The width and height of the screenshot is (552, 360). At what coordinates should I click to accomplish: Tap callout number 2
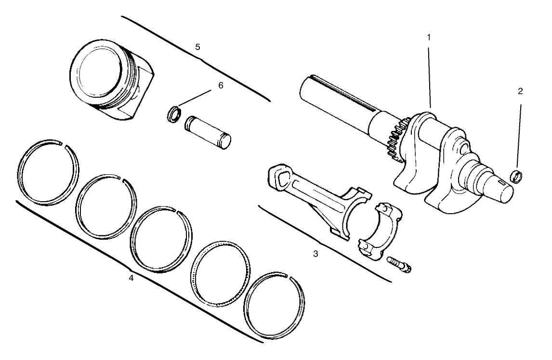click(x=520, y=91)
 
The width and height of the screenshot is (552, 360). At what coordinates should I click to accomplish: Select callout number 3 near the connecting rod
click(x=315, y=254)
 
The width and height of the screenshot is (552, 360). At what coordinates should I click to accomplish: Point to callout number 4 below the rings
click(x=131, y=278)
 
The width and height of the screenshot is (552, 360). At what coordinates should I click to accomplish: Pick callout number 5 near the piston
click(x=197, y=47)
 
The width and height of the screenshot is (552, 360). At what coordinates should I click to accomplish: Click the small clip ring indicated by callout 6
click(x=173, y=115)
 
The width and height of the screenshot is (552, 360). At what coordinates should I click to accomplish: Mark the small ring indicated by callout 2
click(x=517, y=177)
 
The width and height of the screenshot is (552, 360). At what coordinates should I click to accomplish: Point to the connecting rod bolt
click(x=398, y=265)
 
